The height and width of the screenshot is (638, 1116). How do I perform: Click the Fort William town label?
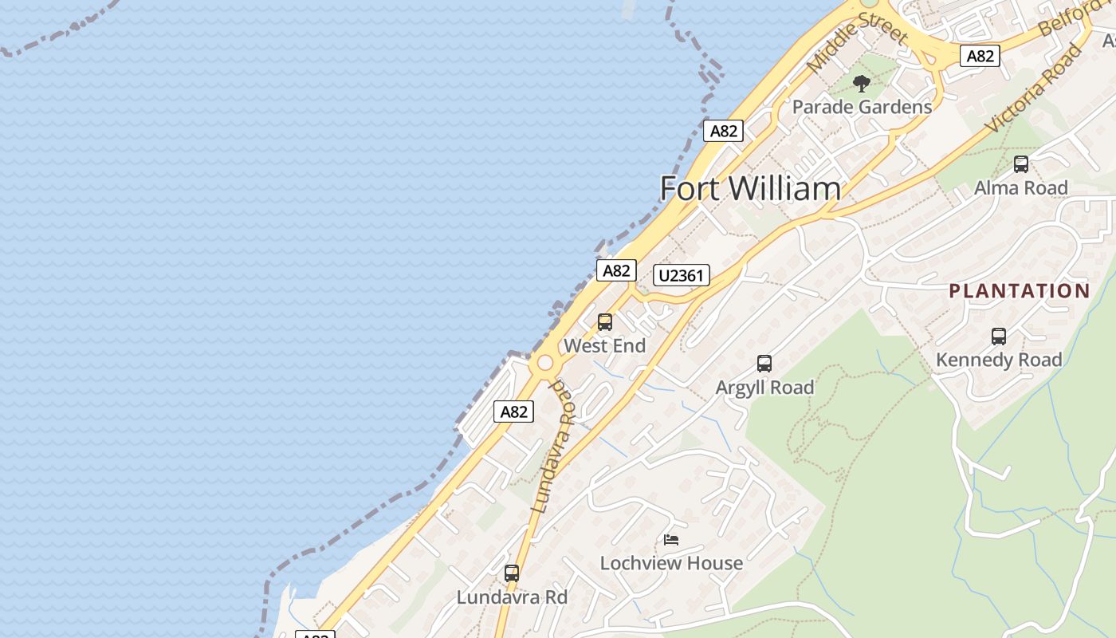coord(750,189)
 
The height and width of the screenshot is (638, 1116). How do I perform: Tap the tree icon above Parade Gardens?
coord(861,84)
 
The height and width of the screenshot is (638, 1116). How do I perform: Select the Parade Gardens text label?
coord(862,107)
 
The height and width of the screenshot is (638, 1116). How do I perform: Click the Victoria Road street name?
coord(1035,89)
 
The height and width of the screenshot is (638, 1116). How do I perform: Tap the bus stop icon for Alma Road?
coord(1020,165)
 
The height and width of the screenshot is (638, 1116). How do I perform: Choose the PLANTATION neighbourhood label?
coord(1019,291)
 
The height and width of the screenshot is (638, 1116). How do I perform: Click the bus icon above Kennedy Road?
coord(998,337)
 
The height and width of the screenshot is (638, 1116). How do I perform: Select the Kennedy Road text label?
coord(999,360)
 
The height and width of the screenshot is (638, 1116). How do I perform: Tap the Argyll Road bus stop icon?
coord(764,364)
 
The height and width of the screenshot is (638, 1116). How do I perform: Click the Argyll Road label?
coord(764,388)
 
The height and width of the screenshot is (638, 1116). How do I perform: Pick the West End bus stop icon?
coord(605,322)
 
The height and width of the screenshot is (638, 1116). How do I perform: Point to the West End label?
coord(604,346)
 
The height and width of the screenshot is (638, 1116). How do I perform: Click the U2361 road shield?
coord(681,276)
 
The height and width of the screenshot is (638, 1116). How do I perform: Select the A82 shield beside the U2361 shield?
coord(616,270)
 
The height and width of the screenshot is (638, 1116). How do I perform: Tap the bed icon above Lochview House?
coord(671,540)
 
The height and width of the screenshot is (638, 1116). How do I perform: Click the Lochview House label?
coord(671,563)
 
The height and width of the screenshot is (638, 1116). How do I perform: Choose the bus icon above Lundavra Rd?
coord(512,573)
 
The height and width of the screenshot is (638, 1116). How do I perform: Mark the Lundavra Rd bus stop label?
coord(512,597)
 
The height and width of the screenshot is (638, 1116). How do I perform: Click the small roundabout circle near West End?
coord(545,364)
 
